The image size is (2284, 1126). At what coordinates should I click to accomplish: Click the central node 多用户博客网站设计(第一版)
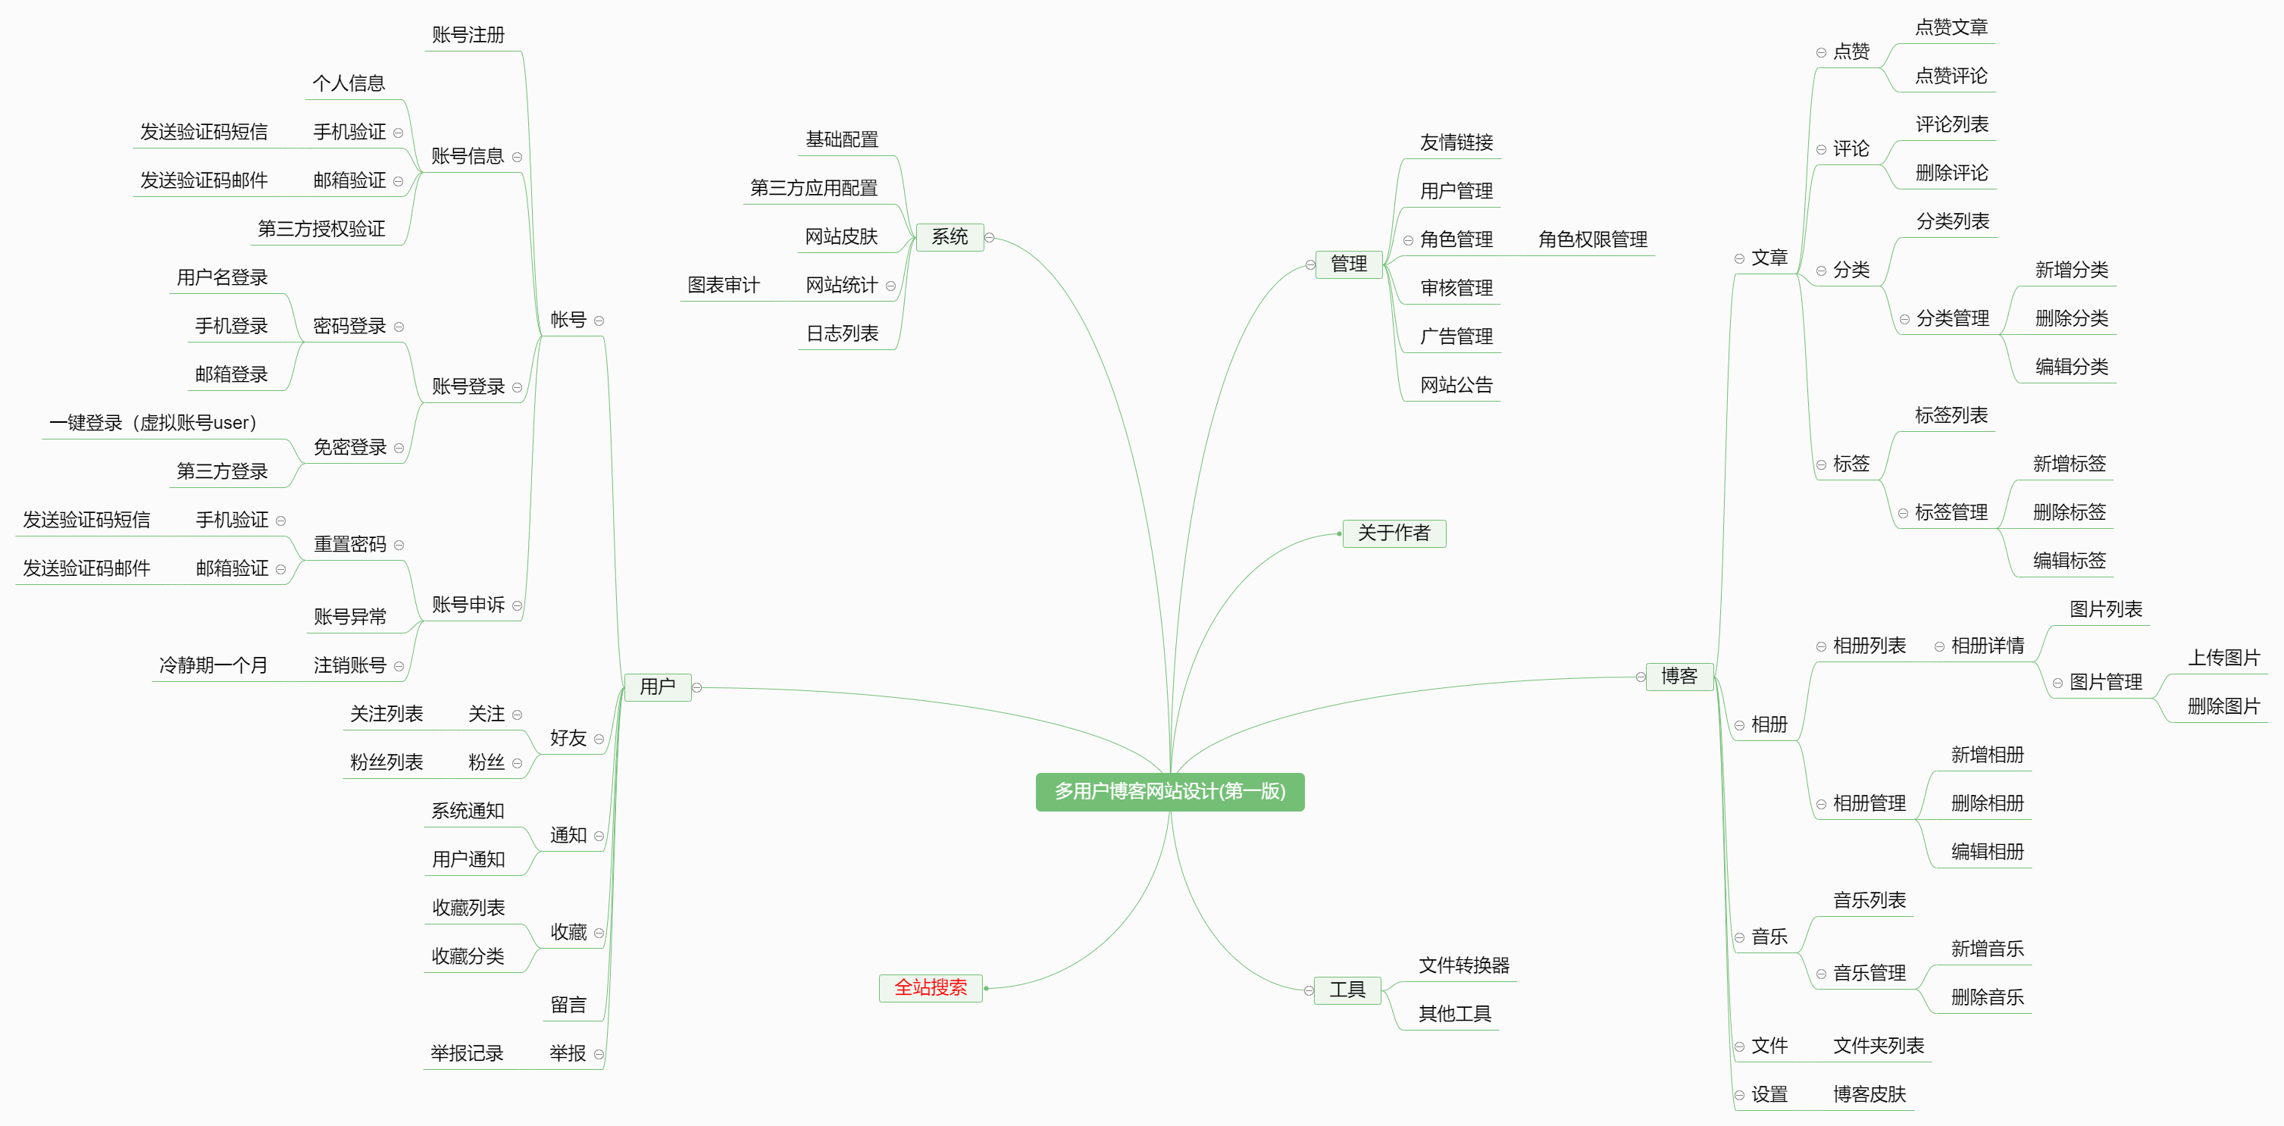tap(1169, 791)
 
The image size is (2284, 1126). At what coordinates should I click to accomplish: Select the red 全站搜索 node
tap(930, 987)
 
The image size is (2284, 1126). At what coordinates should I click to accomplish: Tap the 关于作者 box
tap(1394, 533)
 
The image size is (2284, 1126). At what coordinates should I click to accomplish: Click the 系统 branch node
tap(950, 236)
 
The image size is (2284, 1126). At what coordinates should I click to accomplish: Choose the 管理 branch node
tap(1349, 264)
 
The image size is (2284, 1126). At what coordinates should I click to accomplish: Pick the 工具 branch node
tap(1347, 990)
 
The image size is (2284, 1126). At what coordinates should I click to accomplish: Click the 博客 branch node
tap(1679, 677)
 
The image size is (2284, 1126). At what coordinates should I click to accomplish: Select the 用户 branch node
tap(657, 687)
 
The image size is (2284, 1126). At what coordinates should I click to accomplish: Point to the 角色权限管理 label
tap(1592, 239)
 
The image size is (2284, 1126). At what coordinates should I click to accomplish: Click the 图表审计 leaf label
tap(724, 286)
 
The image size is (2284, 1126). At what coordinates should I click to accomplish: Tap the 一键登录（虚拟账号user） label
tap(152, 423)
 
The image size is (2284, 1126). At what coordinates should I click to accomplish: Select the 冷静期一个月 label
tap(213, 665)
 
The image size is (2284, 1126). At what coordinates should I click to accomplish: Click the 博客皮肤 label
tap(1869, 1094)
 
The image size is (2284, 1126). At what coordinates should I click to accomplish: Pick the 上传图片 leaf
tap(2223, 658)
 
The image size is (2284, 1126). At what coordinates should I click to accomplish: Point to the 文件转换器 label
tap(1464, 965)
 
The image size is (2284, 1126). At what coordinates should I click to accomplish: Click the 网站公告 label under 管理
tap(1456, 385)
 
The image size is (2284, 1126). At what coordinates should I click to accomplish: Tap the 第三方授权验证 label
tap(321, 229)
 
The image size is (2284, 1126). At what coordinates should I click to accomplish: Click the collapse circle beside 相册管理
tap(1821, 804)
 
